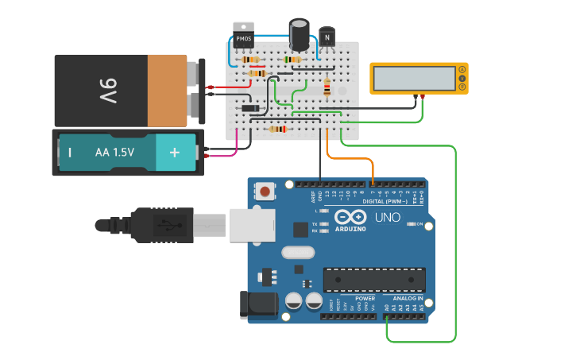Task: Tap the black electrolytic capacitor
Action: click(x=300, y=35)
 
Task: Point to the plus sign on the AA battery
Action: click(x=174, y=152)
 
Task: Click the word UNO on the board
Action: click(x=387, y=218)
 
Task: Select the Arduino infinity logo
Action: click(x=350, y=217)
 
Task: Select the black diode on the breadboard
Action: click(x=251, y=108)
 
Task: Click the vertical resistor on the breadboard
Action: click(x=327, y=87)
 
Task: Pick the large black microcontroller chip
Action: click(x=373, y=280)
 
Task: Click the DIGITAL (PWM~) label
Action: click(x=389, y=202)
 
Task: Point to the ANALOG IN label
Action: click(x=408, y=299)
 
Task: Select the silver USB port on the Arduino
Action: click(x=252, y=225)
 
